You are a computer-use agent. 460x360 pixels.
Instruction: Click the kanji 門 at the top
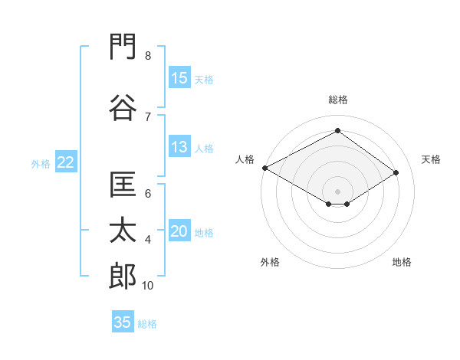[x=123, y=47]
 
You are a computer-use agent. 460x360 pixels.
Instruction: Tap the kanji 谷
[x=123, y=107]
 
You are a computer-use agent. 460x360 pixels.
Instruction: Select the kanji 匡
[x=123, y=185]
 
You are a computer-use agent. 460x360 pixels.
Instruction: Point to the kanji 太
[x=123, y=230]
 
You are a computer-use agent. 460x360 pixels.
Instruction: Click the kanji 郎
[x=123, y=276]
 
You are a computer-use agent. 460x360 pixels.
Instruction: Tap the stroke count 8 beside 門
[x=148, y=56]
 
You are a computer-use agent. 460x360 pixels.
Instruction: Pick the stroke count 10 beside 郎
[x=147, y=286]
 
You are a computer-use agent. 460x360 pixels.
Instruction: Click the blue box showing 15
[x=179, y=77]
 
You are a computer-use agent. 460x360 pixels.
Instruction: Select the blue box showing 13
[x=179, y=146]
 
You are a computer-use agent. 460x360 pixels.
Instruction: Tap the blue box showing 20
[x=179, y=230]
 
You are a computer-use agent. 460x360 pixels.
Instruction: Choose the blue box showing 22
[x=66, y=162]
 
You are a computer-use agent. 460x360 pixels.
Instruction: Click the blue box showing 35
[x=123, y=321]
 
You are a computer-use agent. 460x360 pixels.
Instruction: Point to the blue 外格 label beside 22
[x=41, y=164]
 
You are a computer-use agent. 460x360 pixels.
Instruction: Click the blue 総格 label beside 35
[x=147, y=324]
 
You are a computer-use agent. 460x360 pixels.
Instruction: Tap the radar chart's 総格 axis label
[x=338, y=100]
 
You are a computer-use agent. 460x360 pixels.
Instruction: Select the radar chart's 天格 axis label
[x=431, y=159]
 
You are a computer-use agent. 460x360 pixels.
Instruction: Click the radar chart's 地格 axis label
[x=402, y=262]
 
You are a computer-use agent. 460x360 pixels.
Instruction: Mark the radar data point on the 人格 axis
[x=265, y=168]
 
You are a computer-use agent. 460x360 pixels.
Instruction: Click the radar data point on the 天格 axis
[x=396, y=172]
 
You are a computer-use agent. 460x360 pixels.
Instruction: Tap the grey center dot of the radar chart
[x=337, y=191]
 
